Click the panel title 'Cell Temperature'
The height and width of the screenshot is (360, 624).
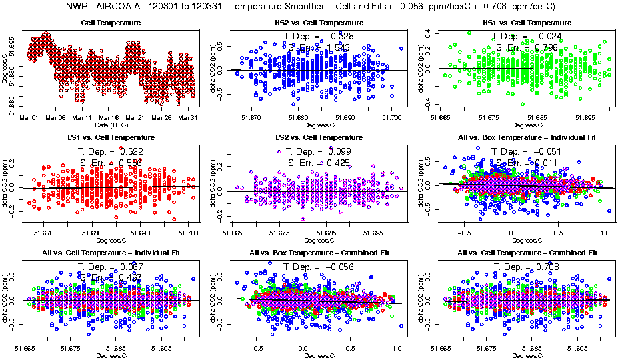tap(110, 23)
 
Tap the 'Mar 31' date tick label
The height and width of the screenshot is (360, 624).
tap(189, 118)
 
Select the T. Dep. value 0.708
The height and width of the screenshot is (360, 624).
tap(545, 267)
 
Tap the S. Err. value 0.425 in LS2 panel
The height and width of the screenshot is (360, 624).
tap(337, 163)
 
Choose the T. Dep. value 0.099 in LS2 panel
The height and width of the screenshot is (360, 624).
tap(337, 153)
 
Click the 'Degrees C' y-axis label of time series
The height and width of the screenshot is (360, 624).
tap(5, 69)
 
